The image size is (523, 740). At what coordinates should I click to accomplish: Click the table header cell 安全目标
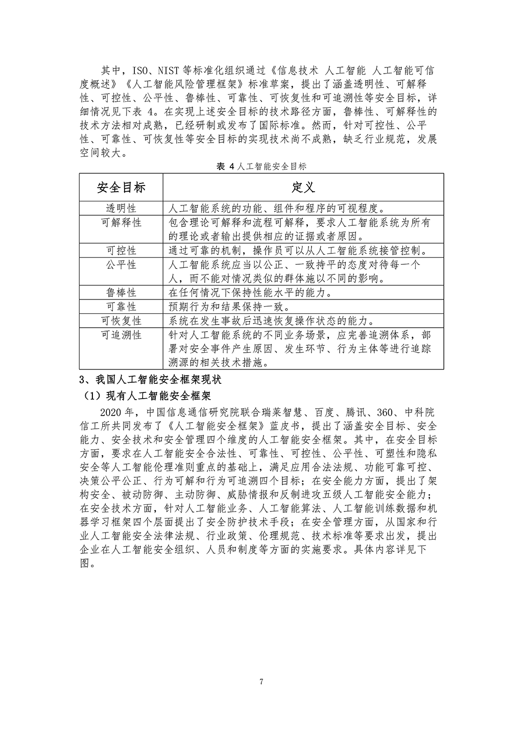121,188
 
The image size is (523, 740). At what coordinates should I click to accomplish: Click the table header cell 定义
303,188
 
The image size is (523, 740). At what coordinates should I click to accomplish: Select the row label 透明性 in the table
121,209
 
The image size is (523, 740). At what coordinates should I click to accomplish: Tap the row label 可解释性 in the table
121,223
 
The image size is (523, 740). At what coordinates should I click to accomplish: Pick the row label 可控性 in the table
121,250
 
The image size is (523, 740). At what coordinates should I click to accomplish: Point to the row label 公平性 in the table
121,265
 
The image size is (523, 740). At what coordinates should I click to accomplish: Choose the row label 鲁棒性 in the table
121,293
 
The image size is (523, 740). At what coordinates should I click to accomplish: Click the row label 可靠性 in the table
121,307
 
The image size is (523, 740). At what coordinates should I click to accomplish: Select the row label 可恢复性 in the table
121,321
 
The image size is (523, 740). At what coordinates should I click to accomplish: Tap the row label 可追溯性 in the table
121,335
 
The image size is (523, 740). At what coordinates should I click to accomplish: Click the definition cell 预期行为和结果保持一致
229,307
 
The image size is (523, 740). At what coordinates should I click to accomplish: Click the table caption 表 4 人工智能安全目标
261,167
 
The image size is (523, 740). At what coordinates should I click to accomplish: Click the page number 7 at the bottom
261,682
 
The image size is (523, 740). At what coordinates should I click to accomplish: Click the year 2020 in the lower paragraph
113,412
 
